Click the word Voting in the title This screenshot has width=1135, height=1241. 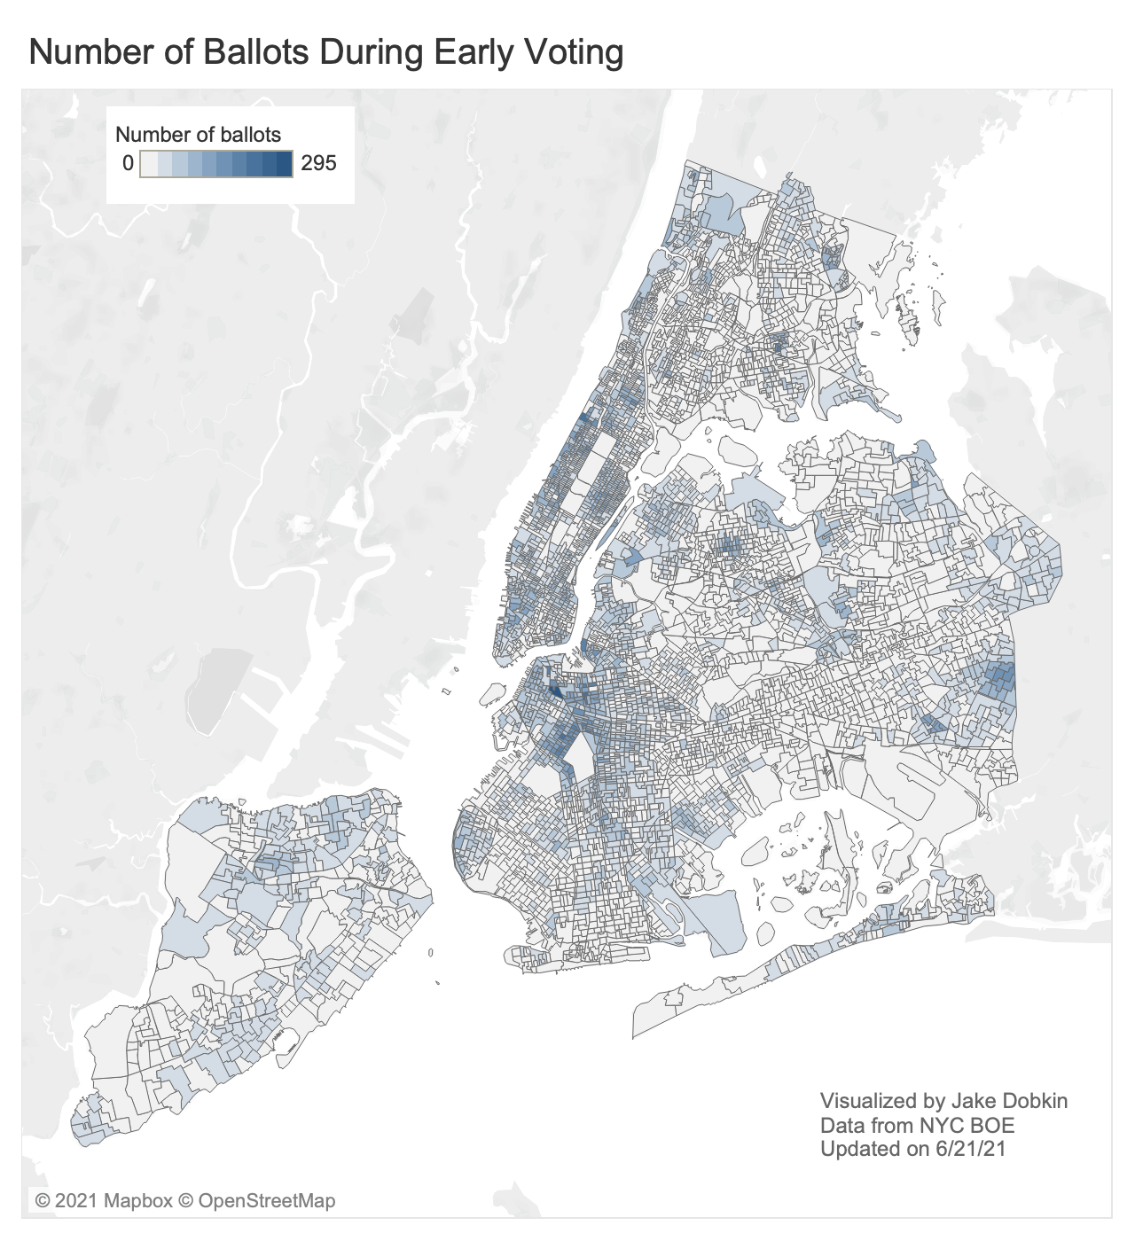576,52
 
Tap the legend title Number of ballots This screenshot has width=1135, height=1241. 198,135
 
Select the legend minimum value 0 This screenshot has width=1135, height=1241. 128,163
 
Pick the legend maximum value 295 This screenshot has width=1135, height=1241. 318,163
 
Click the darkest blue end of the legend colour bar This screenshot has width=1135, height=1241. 285,163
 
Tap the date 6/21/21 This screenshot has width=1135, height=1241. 970,1149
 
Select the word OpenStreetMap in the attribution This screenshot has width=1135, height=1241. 266,1201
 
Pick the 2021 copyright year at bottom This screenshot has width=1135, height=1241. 76,1201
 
